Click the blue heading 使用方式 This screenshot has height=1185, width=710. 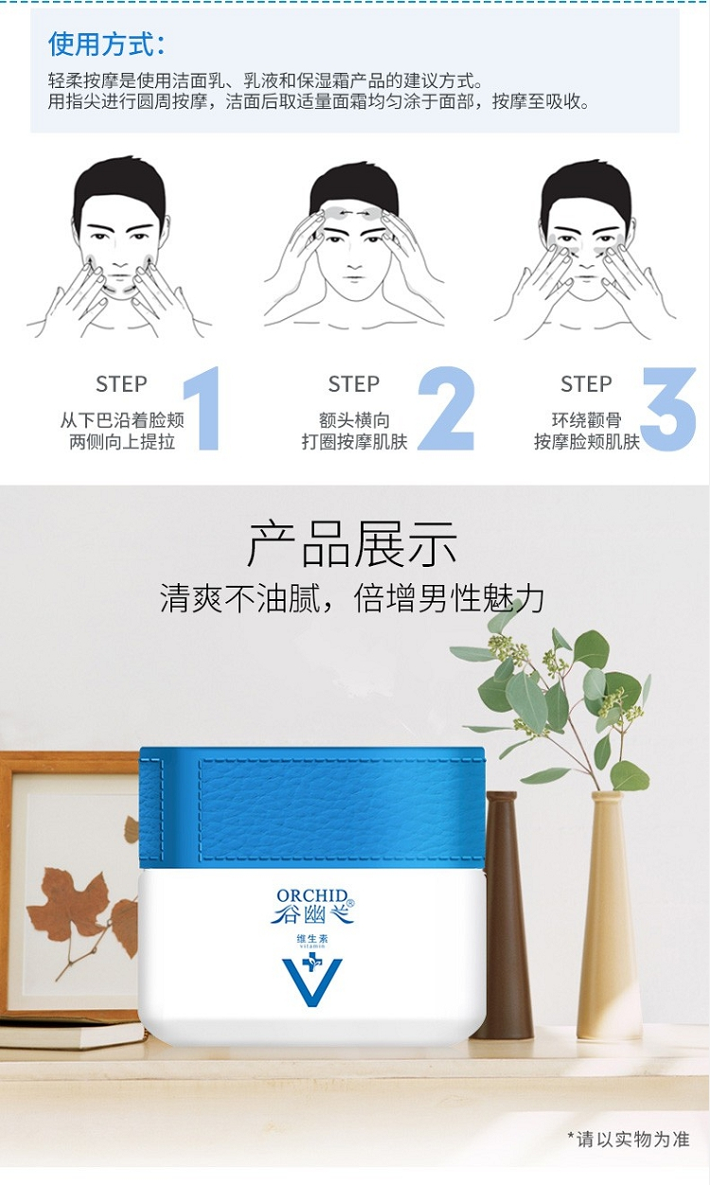click(106, 44)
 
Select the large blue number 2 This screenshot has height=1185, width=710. click(446, 408)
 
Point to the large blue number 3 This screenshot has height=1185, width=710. click(669, 409)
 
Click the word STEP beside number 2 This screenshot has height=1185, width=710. click(354, 384)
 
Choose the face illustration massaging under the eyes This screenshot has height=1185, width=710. click(585, 249)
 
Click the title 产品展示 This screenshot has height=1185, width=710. click(352, 544)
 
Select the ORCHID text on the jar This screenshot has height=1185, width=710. click(312, 895)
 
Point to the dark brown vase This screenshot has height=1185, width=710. click(502, 914)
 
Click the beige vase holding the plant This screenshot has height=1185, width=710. click(610, 914)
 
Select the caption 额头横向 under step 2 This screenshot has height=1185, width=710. click(354, 420)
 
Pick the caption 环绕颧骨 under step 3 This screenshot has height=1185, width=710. click(586, 420)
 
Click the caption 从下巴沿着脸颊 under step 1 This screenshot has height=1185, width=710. click(122, 420)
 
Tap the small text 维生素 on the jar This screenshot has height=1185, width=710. click(312, 939)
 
